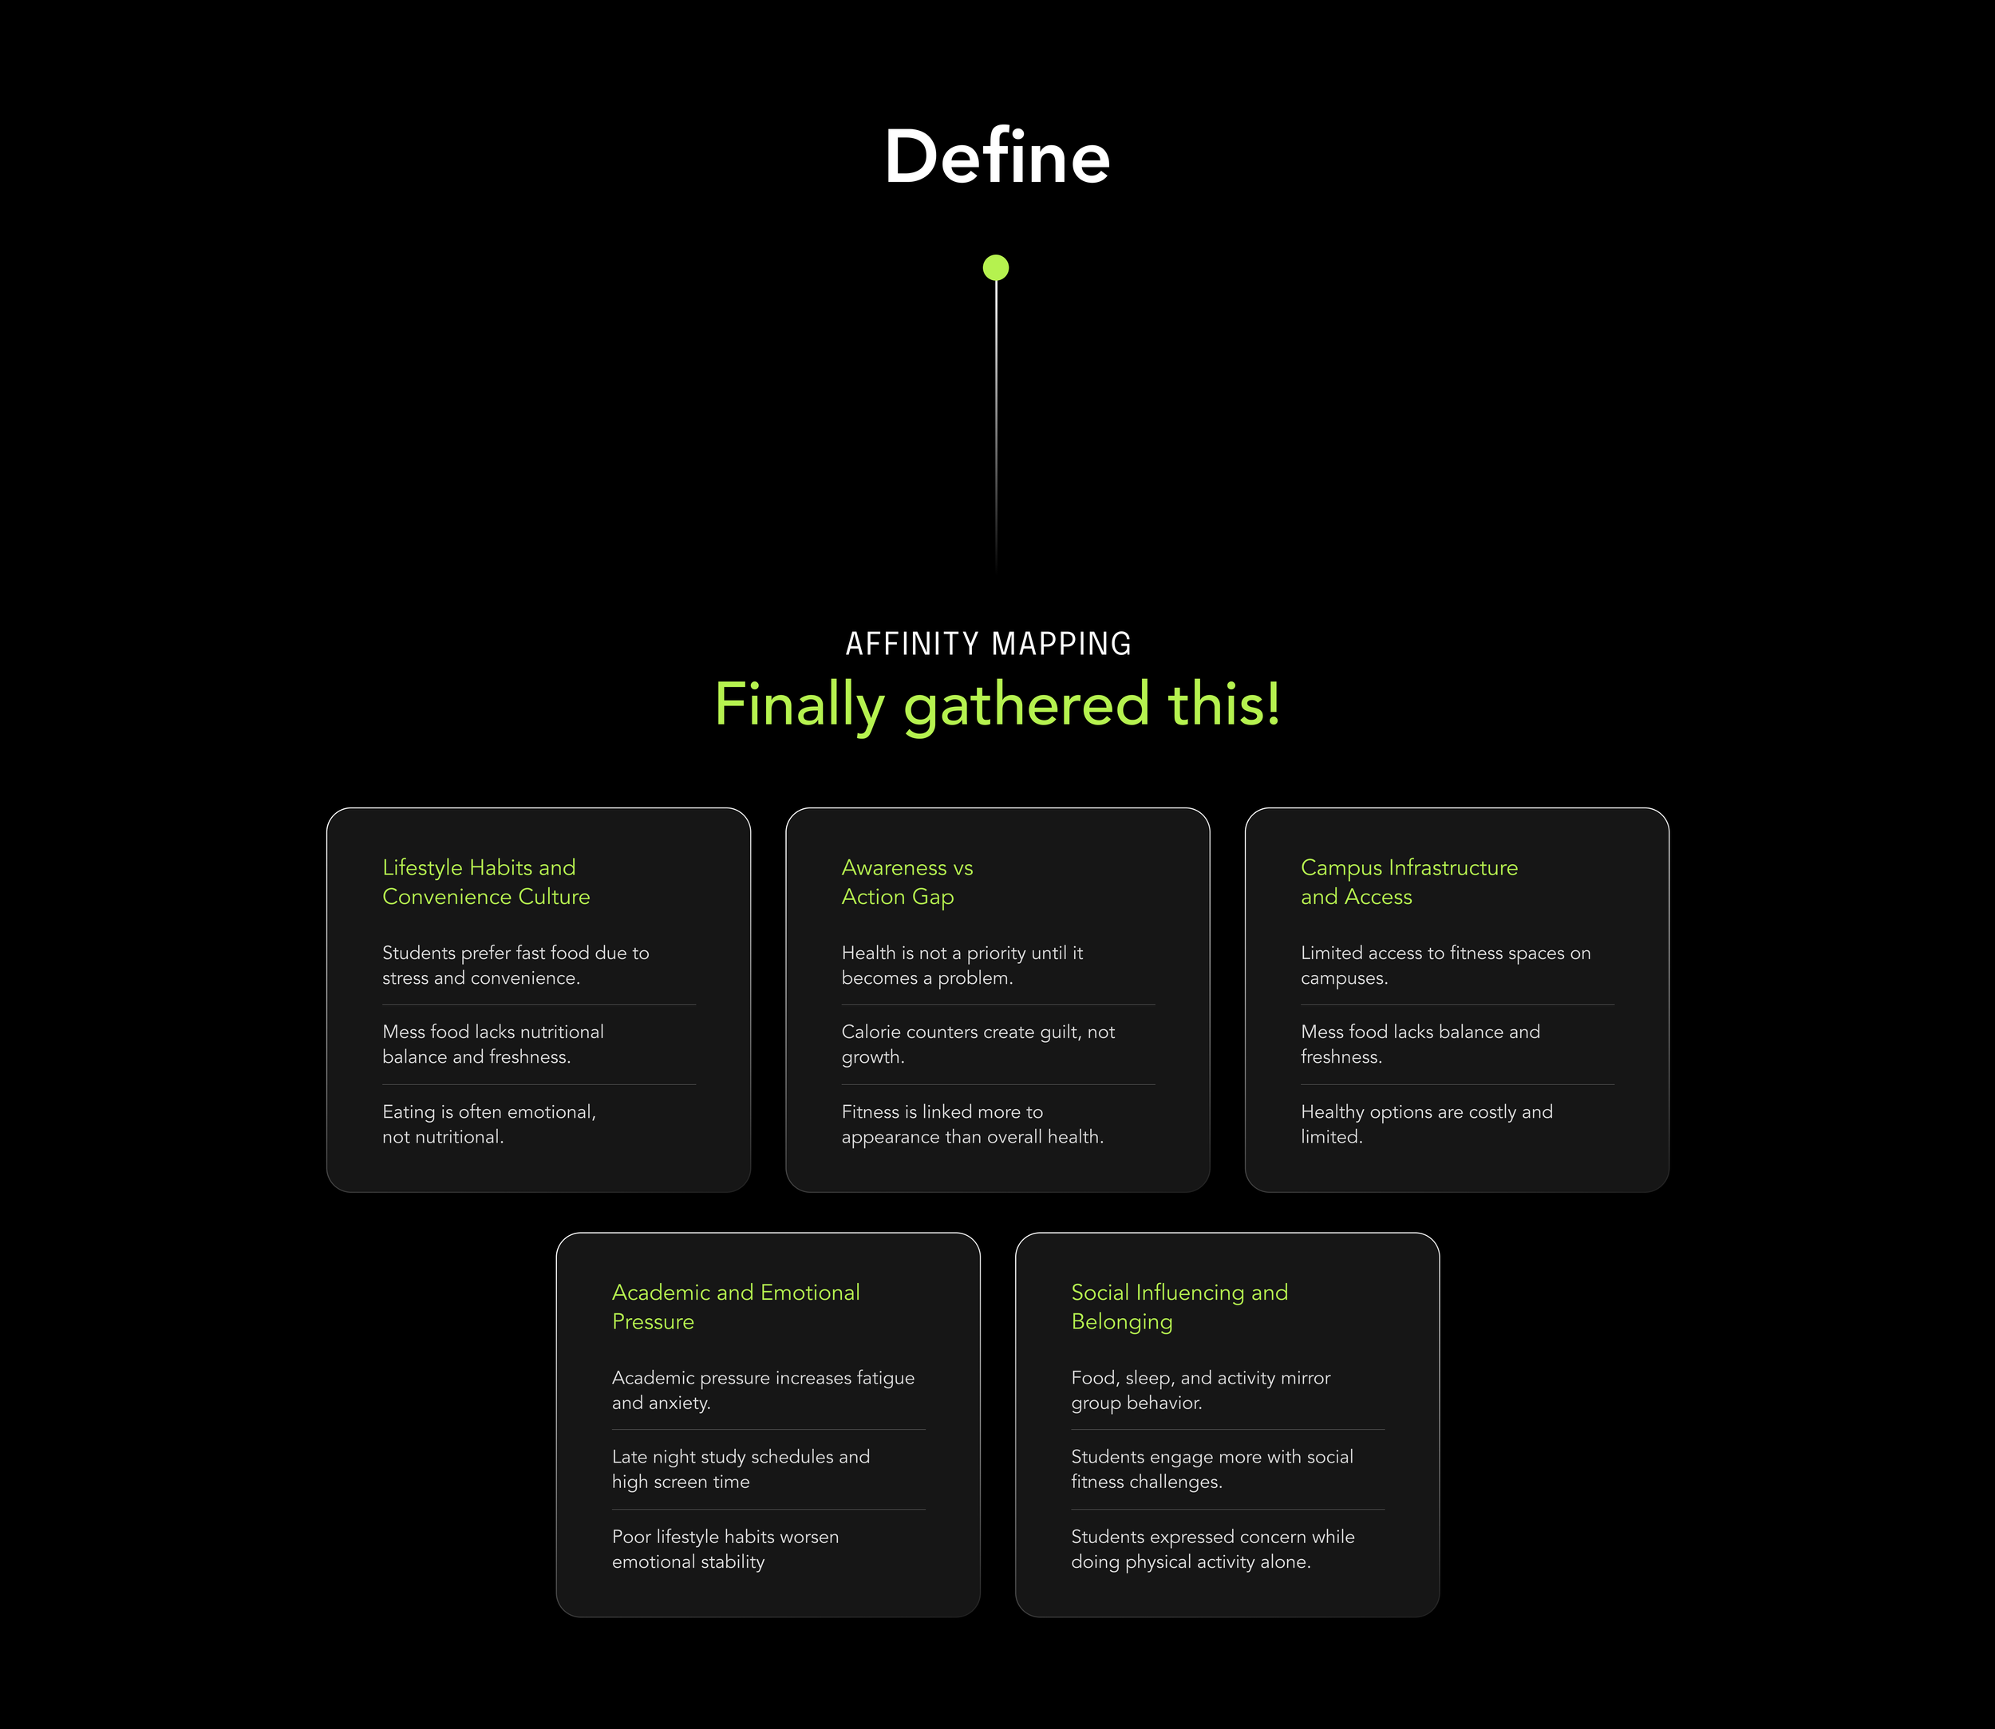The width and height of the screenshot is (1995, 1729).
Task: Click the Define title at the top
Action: [997, 156]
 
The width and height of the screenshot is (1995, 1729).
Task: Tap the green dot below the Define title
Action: [996, 267]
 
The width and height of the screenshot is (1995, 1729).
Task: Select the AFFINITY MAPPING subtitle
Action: [989, 644]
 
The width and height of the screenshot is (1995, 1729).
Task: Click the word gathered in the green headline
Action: [1026, 705]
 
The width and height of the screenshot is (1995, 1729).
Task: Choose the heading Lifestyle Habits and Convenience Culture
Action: [485, 882]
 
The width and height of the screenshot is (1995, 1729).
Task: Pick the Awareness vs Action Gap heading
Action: [907, 882]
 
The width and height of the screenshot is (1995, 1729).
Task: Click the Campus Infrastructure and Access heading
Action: [1408, 882]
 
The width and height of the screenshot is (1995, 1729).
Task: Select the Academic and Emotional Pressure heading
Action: [736, 1306]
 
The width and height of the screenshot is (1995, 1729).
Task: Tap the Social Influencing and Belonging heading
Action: [1179, 1306]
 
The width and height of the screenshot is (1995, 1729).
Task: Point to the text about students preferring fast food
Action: [516, 965]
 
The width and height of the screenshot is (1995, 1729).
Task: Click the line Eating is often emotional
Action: [488, 1124]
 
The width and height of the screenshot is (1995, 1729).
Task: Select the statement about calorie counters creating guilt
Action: [977, 1044]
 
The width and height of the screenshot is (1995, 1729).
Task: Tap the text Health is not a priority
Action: [962, 965]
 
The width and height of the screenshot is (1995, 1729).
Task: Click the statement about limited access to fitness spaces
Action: [1445, 965]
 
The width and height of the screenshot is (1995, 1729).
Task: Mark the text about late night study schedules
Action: [741, 1468]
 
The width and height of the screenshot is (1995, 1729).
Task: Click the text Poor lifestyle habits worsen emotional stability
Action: [725, 1549]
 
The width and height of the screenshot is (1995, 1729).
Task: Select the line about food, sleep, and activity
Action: [1199, 1389]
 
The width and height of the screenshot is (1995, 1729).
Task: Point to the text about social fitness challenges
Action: [1211, 1468]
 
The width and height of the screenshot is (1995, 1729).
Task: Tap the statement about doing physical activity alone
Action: [1212, 1549]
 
